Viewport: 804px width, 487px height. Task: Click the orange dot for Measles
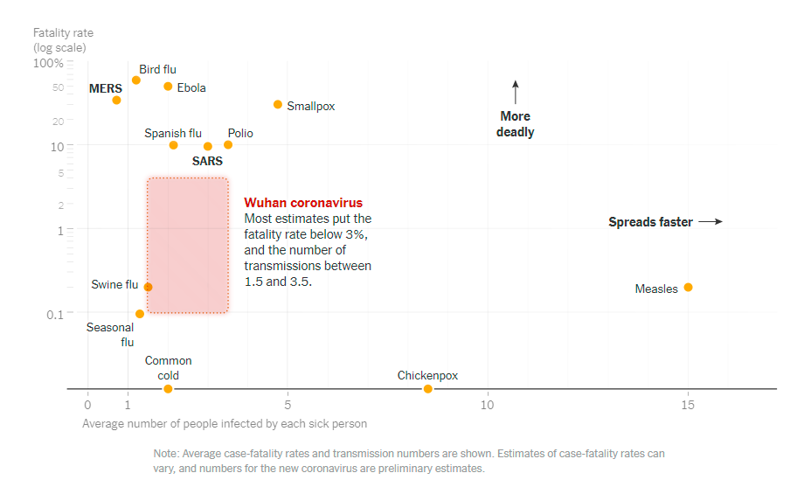tap(688, 288)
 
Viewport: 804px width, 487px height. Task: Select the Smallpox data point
tap(278, 105)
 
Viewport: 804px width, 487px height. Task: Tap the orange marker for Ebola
tap(168, 87)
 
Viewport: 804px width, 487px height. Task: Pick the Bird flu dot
tap(136, 80)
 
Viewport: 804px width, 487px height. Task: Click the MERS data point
tap(116, 101)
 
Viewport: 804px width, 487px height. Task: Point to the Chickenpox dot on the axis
tap(427, 389)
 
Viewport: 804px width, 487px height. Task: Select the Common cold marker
tap(168, 389)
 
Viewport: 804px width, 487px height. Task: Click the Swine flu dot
tap(148, 287)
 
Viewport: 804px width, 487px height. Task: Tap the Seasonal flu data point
tap(140, 314)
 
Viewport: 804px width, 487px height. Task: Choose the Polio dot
tap(228, 145)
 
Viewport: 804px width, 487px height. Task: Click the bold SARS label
tap(207, 161)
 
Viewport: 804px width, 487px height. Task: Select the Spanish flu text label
tap(173, 133)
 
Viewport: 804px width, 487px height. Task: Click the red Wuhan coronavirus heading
tap(303, 203)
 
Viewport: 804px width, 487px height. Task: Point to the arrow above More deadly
tap(516, 92)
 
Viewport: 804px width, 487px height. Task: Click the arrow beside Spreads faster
tap(711, 222)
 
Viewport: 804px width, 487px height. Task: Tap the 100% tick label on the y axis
tap(48, 63)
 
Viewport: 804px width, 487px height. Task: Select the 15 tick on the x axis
tap(688, 405)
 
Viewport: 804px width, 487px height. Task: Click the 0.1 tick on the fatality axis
tap(55, 314)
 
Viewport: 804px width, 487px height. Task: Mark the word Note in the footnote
tap(165, 454)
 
